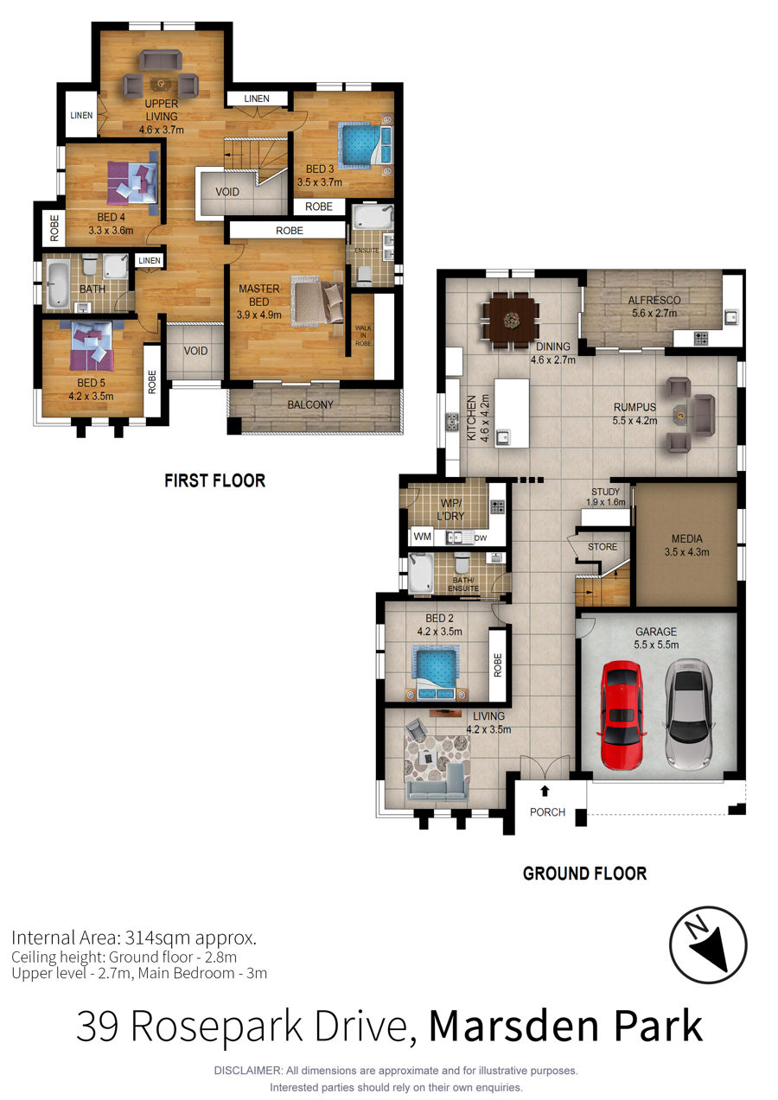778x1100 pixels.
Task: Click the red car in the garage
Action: point(622,715)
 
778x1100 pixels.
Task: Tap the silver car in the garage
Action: point(689,715)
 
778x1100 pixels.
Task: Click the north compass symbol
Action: point(708,944)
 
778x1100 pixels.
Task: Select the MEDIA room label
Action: point(686,538)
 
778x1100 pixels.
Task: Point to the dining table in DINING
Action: point(511,321)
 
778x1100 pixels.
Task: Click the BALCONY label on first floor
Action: point(310,404)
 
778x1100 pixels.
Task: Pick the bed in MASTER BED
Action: point(317,302)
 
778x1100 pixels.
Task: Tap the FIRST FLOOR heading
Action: point(214,480)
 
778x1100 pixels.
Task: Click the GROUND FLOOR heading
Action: point(584,874)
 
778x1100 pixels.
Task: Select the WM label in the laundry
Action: point(422,537)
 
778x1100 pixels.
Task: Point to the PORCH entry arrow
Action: point(545,791)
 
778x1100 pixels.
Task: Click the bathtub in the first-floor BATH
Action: point(58,286)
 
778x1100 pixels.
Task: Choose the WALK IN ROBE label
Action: point(363,335)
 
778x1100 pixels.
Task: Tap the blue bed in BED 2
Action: point(435,673)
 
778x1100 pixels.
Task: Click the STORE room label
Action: point(603,547)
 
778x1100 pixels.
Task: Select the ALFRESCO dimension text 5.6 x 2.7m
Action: point(654,313)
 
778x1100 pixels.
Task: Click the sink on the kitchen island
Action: point(502,436)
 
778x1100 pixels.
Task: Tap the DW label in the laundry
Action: point(481,537)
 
